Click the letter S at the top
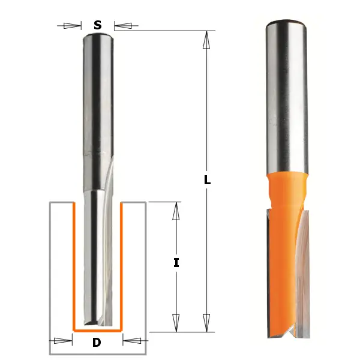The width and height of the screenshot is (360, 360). (98, 25)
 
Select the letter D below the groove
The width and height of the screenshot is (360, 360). (97, 343)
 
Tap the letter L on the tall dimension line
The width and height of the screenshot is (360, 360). (207, 180)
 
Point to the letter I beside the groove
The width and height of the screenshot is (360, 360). (176, 262)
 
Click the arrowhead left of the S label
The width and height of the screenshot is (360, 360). (73, 26)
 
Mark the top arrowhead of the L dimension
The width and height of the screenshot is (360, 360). (206, 40)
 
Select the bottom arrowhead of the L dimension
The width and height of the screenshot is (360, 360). (206, 322)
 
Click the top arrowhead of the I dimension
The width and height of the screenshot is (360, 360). (176, 211)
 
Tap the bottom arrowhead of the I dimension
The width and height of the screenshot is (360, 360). (176, 322)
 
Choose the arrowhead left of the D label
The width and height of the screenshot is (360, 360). (63, 341)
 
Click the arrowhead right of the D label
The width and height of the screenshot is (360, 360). (131, 341)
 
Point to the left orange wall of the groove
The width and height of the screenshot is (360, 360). (73, 264)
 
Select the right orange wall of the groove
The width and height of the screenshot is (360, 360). (122, 264)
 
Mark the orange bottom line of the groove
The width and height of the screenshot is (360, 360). (97, 330)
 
